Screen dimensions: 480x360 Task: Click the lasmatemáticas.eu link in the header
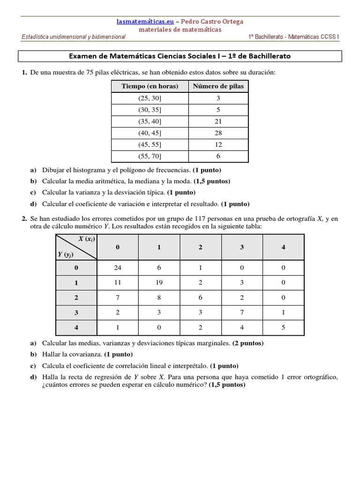(145, 22)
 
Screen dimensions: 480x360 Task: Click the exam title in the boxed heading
(180, 56)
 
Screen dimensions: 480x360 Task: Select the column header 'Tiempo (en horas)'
(150, 86)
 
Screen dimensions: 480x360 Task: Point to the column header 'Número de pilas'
(218, 86)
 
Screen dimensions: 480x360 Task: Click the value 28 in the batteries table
(218, 133)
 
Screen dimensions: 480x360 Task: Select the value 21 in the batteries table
(218, 121)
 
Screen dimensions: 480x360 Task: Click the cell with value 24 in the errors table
(118, 268)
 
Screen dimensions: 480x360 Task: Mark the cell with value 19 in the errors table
(159, 283)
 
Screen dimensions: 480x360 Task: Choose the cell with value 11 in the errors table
(118, 283)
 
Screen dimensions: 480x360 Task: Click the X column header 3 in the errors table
(242, 247)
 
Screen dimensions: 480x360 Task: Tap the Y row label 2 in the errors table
(76, 298)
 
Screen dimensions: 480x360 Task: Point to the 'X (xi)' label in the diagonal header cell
(87, 239)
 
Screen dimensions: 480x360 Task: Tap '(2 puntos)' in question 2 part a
(248, 343)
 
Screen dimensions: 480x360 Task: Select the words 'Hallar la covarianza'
(72, 354)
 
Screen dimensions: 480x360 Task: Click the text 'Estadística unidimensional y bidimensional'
(74, 37)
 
